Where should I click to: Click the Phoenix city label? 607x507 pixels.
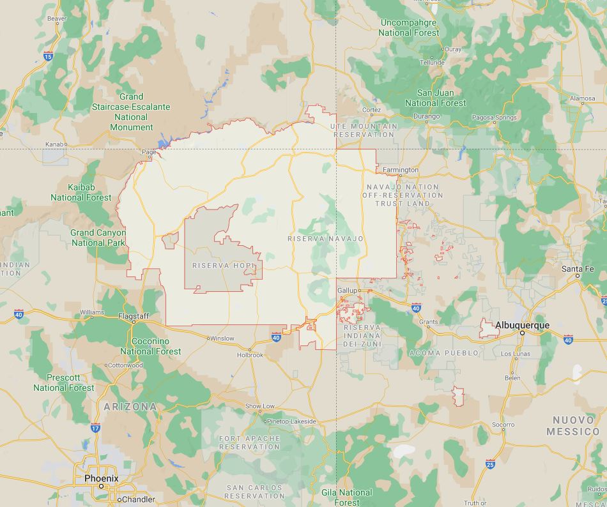pyautogui.click(x=101, y=478)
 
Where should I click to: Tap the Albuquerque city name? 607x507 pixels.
pyautogui.click(x=522, y=325)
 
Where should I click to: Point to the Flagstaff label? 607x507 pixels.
pyautogui.click(x=134, y=316)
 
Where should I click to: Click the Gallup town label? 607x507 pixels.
pyautogui.click(x=347, y=291)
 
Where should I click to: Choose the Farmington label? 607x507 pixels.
pyautogui.click(x=401, y=170)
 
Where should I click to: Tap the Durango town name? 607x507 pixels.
pyautogui.click(x=426, y=116)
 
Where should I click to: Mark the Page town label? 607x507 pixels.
pyautogui.click(x=148, y=152)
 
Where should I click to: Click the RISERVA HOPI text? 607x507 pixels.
pyautogui.click(x=223, y=265)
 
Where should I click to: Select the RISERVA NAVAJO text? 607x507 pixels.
pyautogui.click(x=325, y=239)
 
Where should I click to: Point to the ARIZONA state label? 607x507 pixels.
pyautogui.click(x=130, y=406)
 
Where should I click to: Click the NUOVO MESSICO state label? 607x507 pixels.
pyautogui.click(x=573, y=426)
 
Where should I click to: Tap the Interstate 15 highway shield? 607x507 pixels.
pyautogui.click(x=49, y=56)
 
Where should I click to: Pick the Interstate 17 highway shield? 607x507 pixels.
pyautogui.click(x=95, y=428)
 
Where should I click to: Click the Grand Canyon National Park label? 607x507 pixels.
pyautogui.click(x=98, y=238)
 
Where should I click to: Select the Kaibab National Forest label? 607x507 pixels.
pyautogui.click(x=81, y=192)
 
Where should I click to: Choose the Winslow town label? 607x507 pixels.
pyautogui.click(x=222, y=338)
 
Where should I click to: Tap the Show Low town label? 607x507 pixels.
pyautogui.click(x=260, y=406)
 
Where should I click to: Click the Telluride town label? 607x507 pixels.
pyautogui.click(x=432, y=63)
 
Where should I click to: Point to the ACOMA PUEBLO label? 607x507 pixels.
pyautogui.click(x=443, y=352)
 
